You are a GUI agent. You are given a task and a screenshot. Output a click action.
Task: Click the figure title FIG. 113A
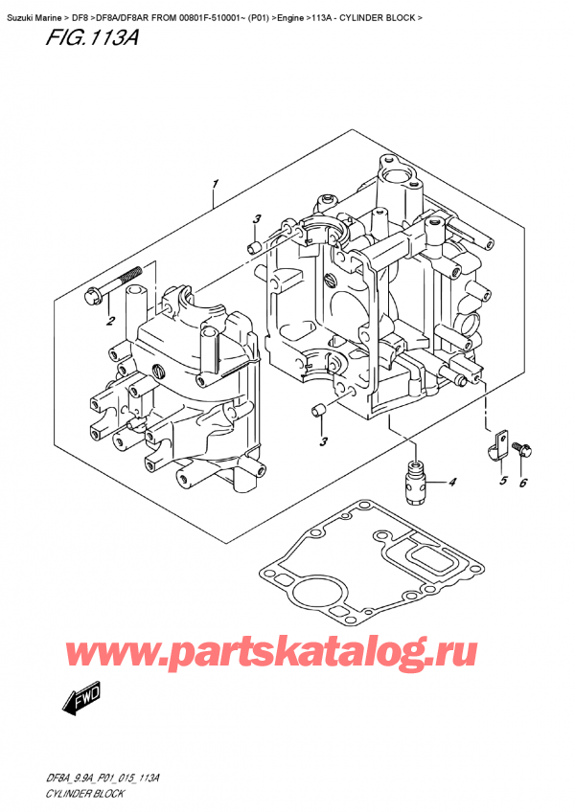point(92,38)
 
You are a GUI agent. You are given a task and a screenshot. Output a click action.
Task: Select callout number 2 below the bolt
point(110,322)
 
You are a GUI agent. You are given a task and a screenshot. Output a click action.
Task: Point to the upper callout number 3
point(257,219)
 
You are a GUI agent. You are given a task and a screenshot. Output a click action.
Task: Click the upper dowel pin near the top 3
point(253,247)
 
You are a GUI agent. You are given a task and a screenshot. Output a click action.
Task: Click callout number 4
point(452,483)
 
